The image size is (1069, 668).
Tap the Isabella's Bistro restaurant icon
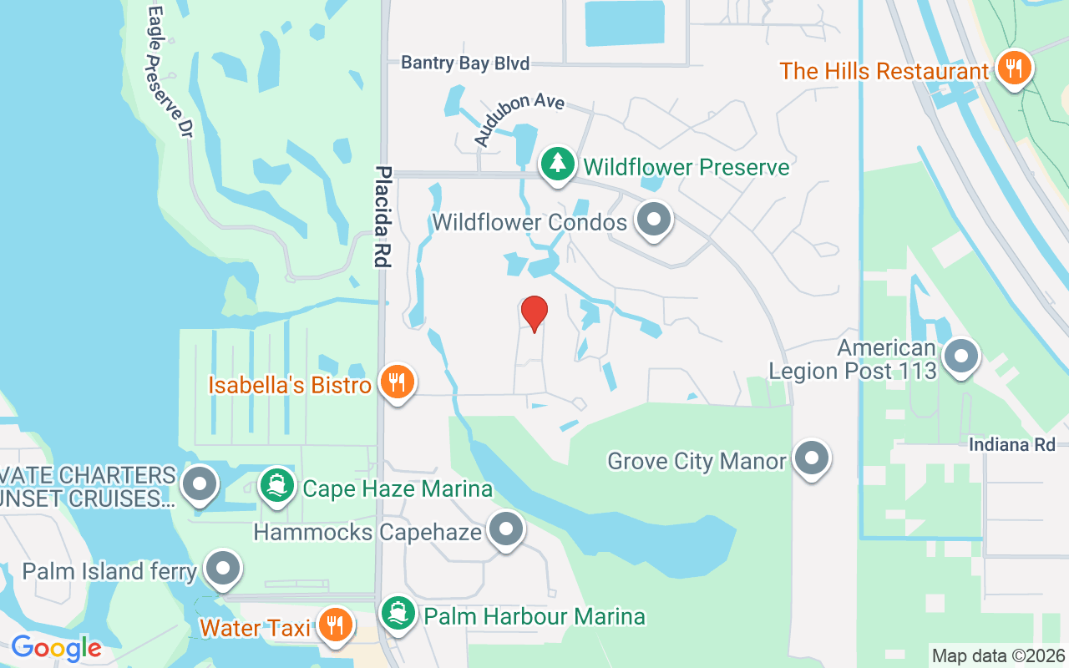(398, 382)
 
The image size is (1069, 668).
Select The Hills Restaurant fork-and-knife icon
(1014, 69)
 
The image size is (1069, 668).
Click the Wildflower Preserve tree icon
(557, 164)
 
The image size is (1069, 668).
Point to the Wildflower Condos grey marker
(654, 220)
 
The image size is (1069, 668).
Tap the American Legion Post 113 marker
(961, 357)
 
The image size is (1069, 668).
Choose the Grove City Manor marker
(810, 458)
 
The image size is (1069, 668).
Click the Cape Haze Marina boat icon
(276, 484)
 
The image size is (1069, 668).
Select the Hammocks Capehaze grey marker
(505, 529)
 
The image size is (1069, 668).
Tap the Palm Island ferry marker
(222, 569)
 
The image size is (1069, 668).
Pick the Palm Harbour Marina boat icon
(398, 615)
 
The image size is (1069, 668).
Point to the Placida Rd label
(383, 216)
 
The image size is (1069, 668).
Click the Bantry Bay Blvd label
(465, 63)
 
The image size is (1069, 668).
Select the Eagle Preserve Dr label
(170, 72)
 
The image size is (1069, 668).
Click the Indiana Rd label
(1012, 444)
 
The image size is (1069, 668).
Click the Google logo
(56, 647)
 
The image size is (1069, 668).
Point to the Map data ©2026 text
(998, 656)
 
